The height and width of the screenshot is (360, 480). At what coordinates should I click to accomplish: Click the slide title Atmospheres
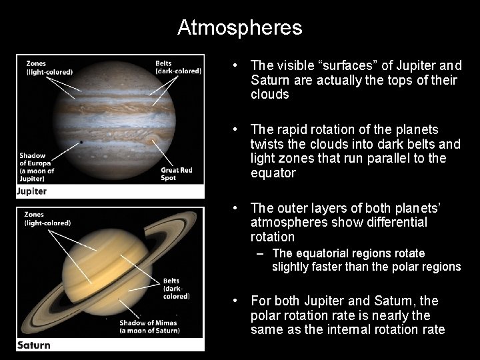point(239,27)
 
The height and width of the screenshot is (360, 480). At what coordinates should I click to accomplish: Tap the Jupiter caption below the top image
point(32,191)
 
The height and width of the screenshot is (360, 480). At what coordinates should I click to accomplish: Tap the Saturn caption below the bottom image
point(33,345)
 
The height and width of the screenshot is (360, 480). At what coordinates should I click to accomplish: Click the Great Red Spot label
point(176,174)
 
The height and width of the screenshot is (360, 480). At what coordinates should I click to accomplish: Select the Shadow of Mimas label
point(149,327)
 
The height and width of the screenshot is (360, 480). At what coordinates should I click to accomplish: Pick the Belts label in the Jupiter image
point(178,68)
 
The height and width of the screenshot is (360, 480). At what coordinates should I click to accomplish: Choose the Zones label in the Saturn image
point(47,219)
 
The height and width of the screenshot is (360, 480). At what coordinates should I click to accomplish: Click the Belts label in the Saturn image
point(176,288)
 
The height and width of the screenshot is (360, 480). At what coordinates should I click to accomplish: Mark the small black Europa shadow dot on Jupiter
point(81,142)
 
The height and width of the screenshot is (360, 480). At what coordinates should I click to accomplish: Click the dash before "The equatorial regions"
point(259,253)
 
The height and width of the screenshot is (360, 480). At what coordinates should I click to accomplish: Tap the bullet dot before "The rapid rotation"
point(236,129)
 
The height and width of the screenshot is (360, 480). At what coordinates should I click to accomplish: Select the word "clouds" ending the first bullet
point(270,95)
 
